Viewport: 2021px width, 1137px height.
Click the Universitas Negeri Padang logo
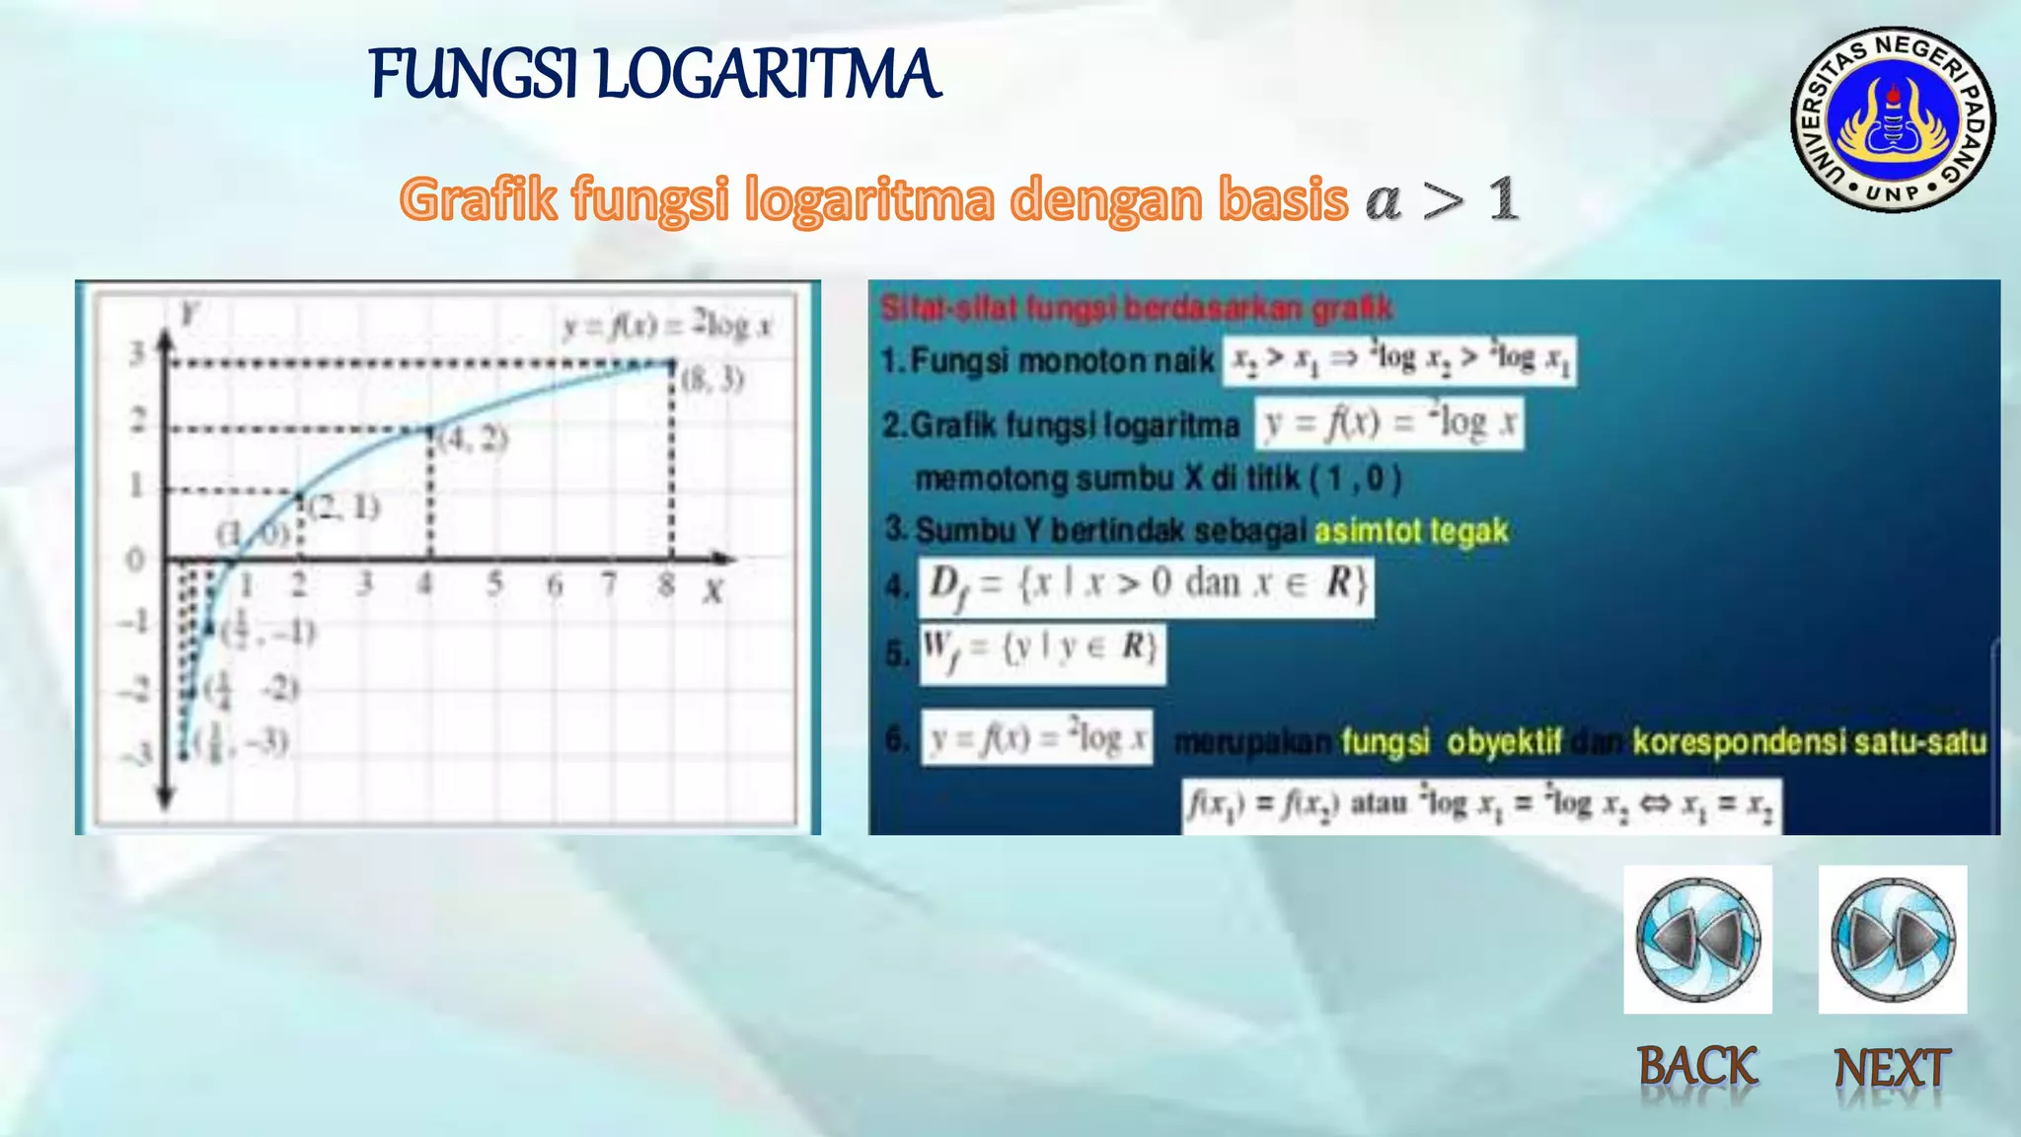coord(1893,119)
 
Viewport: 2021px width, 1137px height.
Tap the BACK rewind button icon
coord(1697,939)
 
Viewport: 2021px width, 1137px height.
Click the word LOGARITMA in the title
coord(769,74)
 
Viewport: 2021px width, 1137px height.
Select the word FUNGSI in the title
coord(474,74)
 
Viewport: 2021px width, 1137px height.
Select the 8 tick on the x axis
coord(668,584)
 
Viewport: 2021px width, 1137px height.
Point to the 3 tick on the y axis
coord(138,352)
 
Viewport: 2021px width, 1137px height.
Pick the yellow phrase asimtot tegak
coord(1411,531)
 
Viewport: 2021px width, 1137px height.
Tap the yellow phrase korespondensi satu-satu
coord(1809,741)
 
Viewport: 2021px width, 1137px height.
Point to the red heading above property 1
coord(1136,308)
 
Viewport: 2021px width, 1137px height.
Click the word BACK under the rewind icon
coord(1697,1067)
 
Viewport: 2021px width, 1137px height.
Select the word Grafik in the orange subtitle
coord(479,199)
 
